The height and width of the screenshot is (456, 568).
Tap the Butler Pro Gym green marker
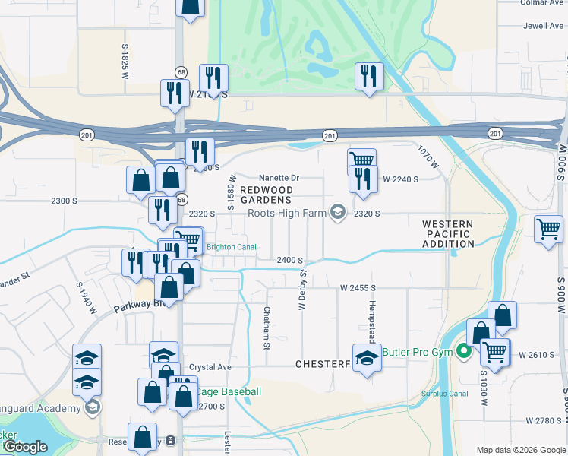[463, 352]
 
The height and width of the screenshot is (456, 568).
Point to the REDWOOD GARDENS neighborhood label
[266, 195]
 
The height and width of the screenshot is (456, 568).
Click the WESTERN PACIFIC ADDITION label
[448, 234]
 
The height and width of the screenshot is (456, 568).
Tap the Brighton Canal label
[231, 247]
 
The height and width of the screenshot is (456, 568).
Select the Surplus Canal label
[445, 394]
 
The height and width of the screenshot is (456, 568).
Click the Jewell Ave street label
[543, 25]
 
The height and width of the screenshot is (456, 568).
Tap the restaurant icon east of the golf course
[369, 76]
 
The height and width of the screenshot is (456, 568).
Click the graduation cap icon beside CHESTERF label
[368, 357]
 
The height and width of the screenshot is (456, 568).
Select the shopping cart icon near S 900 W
[547, 228]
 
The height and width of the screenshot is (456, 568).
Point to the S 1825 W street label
[125, 62]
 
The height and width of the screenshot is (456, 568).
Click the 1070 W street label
[428, 157]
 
